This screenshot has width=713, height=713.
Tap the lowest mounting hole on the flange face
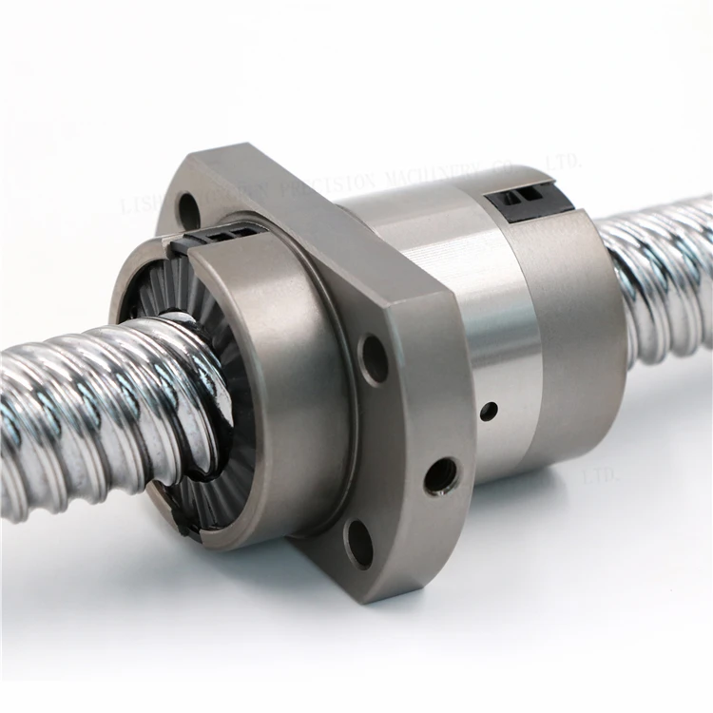coord(358,544)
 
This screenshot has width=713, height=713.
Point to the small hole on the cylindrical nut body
coord(489,412)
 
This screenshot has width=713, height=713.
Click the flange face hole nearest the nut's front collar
coord(374,360)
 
